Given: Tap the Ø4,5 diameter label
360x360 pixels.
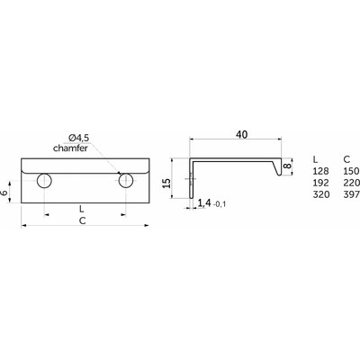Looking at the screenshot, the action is (79, 139).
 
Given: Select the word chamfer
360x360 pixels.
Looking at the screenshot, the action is (70, 148).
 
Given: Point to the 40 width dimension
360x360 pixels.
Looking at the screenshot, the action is (242, 135).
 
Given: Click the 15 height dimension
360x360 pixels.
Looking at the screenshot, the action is (167, 183).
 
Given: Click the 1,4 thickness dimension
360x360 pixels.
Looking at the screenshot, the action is (204, 203).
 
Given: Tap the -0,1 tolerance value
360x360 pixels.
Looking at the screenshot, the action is (220, 205).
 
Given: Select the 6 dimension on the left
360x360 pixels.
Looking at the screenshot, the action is (4, 193).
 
